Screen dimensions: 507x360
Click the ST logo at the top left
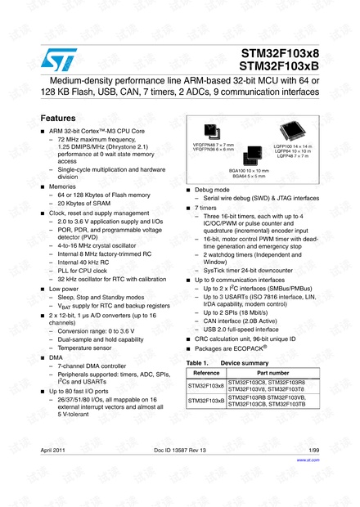coord(55,60)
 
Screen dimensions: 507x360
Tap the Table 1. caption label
coord(200,362)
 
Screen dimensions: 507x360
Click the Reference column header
coord(205,372)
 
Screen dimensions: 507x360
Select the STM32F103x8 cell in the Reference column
coord(205,384)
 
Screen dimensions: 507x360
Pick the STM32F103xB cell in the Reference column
coord(205,401)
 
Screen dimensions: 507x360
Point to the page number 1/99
coord(312,451)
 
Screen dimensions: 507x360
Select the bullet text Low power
coord(65,288)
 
